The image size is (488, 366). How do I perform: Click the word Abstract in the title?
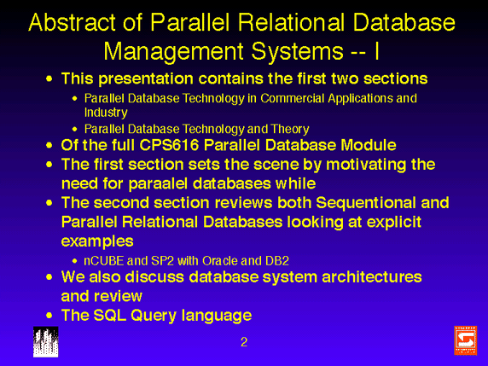pos(73,22)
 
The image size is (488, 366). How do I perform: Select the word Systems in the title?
pos(297,52)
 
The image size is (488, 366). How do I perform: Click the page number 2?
pos(244,342)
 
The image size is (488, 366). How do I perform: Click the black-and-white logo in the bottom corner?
pos(46,342)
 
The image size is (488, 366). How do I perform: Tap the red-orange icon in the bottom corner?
pos(466,340)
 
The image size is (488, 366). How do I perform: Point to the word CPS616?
pos(169,145)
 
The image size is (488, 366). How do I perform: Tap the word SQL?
pos(110,316)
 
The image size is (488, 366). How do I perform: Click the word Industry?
pos(106,113)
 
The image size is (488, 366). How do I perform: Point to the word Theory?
pos(290,129)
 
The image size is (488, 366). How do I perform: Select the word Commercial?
pos(293,98)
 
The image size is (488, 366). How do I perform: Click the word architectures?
pos(372,277)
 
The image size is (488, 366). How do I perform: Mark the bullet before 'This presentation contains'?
pos(49,78)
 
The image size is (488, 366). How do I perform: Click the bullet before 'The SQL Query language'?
pos(49,316)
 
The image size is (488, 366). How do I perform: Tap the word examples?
pos(97,241)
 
